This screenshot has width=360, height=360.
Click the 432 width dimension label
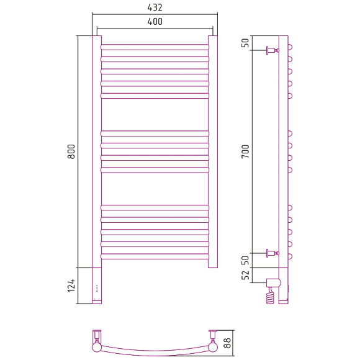click(155, 7)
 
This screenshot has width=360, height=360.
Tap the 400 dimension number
click(155, 22)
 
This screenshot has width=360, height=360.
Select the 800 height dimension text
click(71, 151)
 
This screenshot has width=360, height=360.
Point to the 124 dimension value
click(71, 286)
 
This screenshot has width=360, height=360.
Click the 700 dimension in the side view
click(245, 151)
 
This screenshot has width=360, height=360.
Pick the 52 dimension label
click(245, 275)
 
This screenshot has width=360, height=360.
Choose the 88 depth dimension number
click(227, 343)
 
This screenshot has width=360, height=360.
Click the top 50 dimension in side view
click(245, 43)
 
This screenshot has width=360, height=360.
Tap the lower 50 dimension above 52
click(245, 260)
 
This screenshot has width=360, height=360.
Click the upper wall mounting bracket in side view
click(272, 50)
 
